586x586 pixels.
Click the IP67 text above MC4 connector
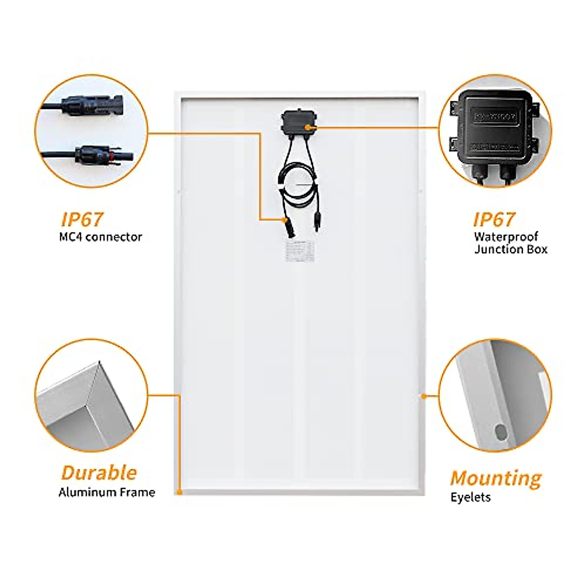click(83, 220)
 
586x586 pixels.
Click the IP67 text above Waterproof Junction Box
click(494, 220)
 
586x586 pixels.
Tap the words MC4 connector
click(100, 237)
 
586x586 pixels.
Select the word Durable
click(99, 473)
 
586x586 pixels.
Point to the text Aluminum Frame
click(107, 492)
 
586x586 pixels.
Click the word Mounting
click(496, 478)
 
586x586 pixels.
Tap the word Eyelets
click(470, 498)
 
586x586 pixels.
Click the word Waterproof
click(506, 237)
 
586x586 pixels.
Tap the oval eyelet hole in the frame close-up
click(501, 432)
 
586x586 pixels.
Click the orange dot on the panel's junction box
click(308, 127)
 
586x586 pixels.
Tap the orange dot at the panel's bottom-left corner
click(180, 492)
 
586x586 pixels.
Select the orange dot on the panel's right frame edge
click(423, 396)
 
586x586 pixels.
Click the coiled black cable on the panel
click(293, 186)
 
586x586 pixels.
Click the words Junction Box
click(511, 250)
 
